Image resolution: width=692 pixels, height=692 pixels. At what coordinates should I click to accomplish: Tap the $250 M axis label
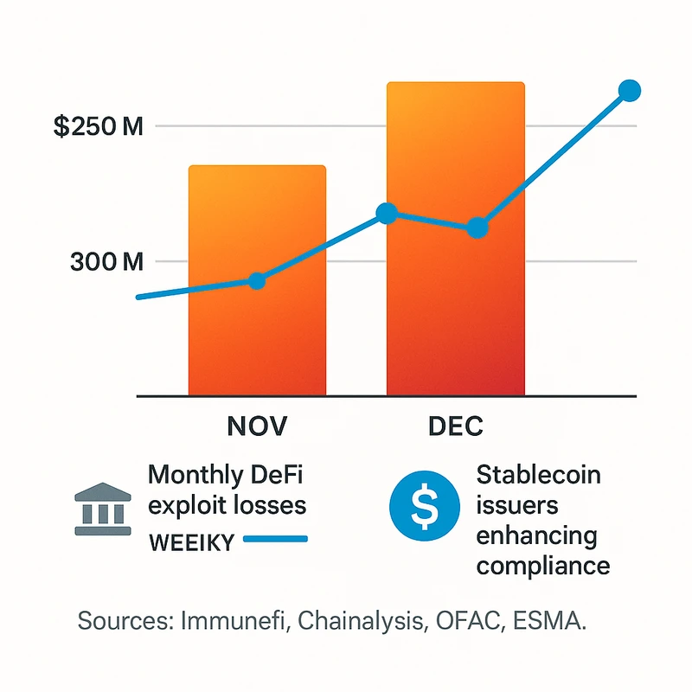pyautogui.click(x=98, y=126)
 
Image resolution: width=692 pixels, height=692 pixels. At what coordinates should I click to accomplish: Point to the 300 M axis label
pyautogui.click(x=106, y=261)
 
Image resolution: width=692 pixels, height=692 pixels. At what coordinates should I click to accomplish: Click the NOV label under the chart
pyautogui.click(x=256, y=426)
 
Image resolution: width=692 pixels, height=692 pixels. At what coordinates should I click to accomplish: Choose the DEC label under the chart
pyautogui.click(x=455, y=426)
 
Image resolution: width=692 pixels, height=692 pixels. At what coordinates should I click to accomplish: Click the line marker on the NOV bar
pyautogui.click(x=256, y=280)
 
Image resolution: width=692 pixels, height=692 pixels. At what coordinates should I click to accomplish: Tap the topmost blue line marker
pyautogui.click(x=630, y=90)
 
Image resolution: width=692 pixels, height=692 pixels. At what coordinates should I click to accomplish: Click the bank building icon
pyautogui.click(x=104, y=509)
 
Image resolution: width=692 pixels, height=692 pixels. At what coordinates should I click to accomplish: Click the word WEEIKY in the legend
pyautogui.click(x=191, y=541)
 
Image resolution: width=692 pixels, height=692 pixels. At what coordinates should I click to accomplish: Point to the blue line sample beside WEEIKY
pyautogui.click(x=276, y=540)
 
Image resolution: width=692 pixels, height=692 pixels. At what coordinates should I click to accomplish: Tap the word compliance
pyautogui.click(x=543, y=567)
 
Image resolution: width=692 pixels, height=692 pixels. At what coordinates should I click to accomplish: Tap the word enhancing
pyautogui.click(x=536, y=536)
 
